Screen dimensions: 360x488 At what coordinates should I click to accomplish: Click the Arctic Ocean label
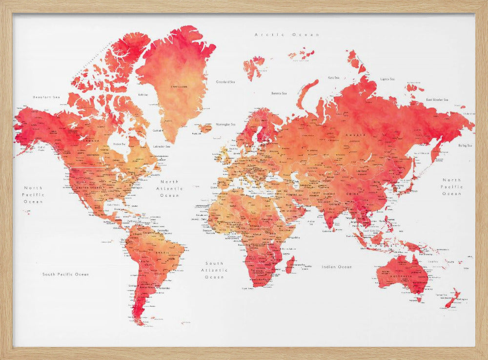[287, 35]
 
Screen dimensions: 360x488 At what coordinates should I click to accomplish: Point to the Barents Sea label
[279, 93]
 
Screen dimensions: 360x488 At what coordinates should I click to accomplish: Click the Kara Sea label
[334, 77]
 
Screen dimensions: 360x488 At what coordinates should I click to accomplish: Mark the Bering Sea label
[465, 146]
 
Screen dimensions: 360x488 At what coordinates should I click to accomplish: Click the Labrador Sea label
[162, 146]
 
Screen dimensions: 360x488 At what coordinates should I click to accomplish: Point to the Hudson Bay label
[120, 144]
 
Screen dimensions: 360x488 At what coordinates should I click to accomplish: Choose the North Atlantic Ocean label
[170, 188]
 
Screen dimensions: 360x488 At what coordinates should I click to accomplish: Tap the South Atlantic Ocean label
[215, 270]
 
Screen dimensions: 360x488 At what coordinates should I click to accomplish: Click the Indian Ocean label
[337, 267]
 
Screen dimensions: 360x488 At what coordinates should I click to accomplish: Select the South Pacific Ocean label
[65, 275]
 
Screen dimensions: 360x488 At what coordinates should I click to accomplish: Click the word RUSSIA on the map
[352, 134]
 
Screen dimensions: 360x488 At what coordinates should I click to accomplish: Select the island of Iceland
[205, 128]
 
